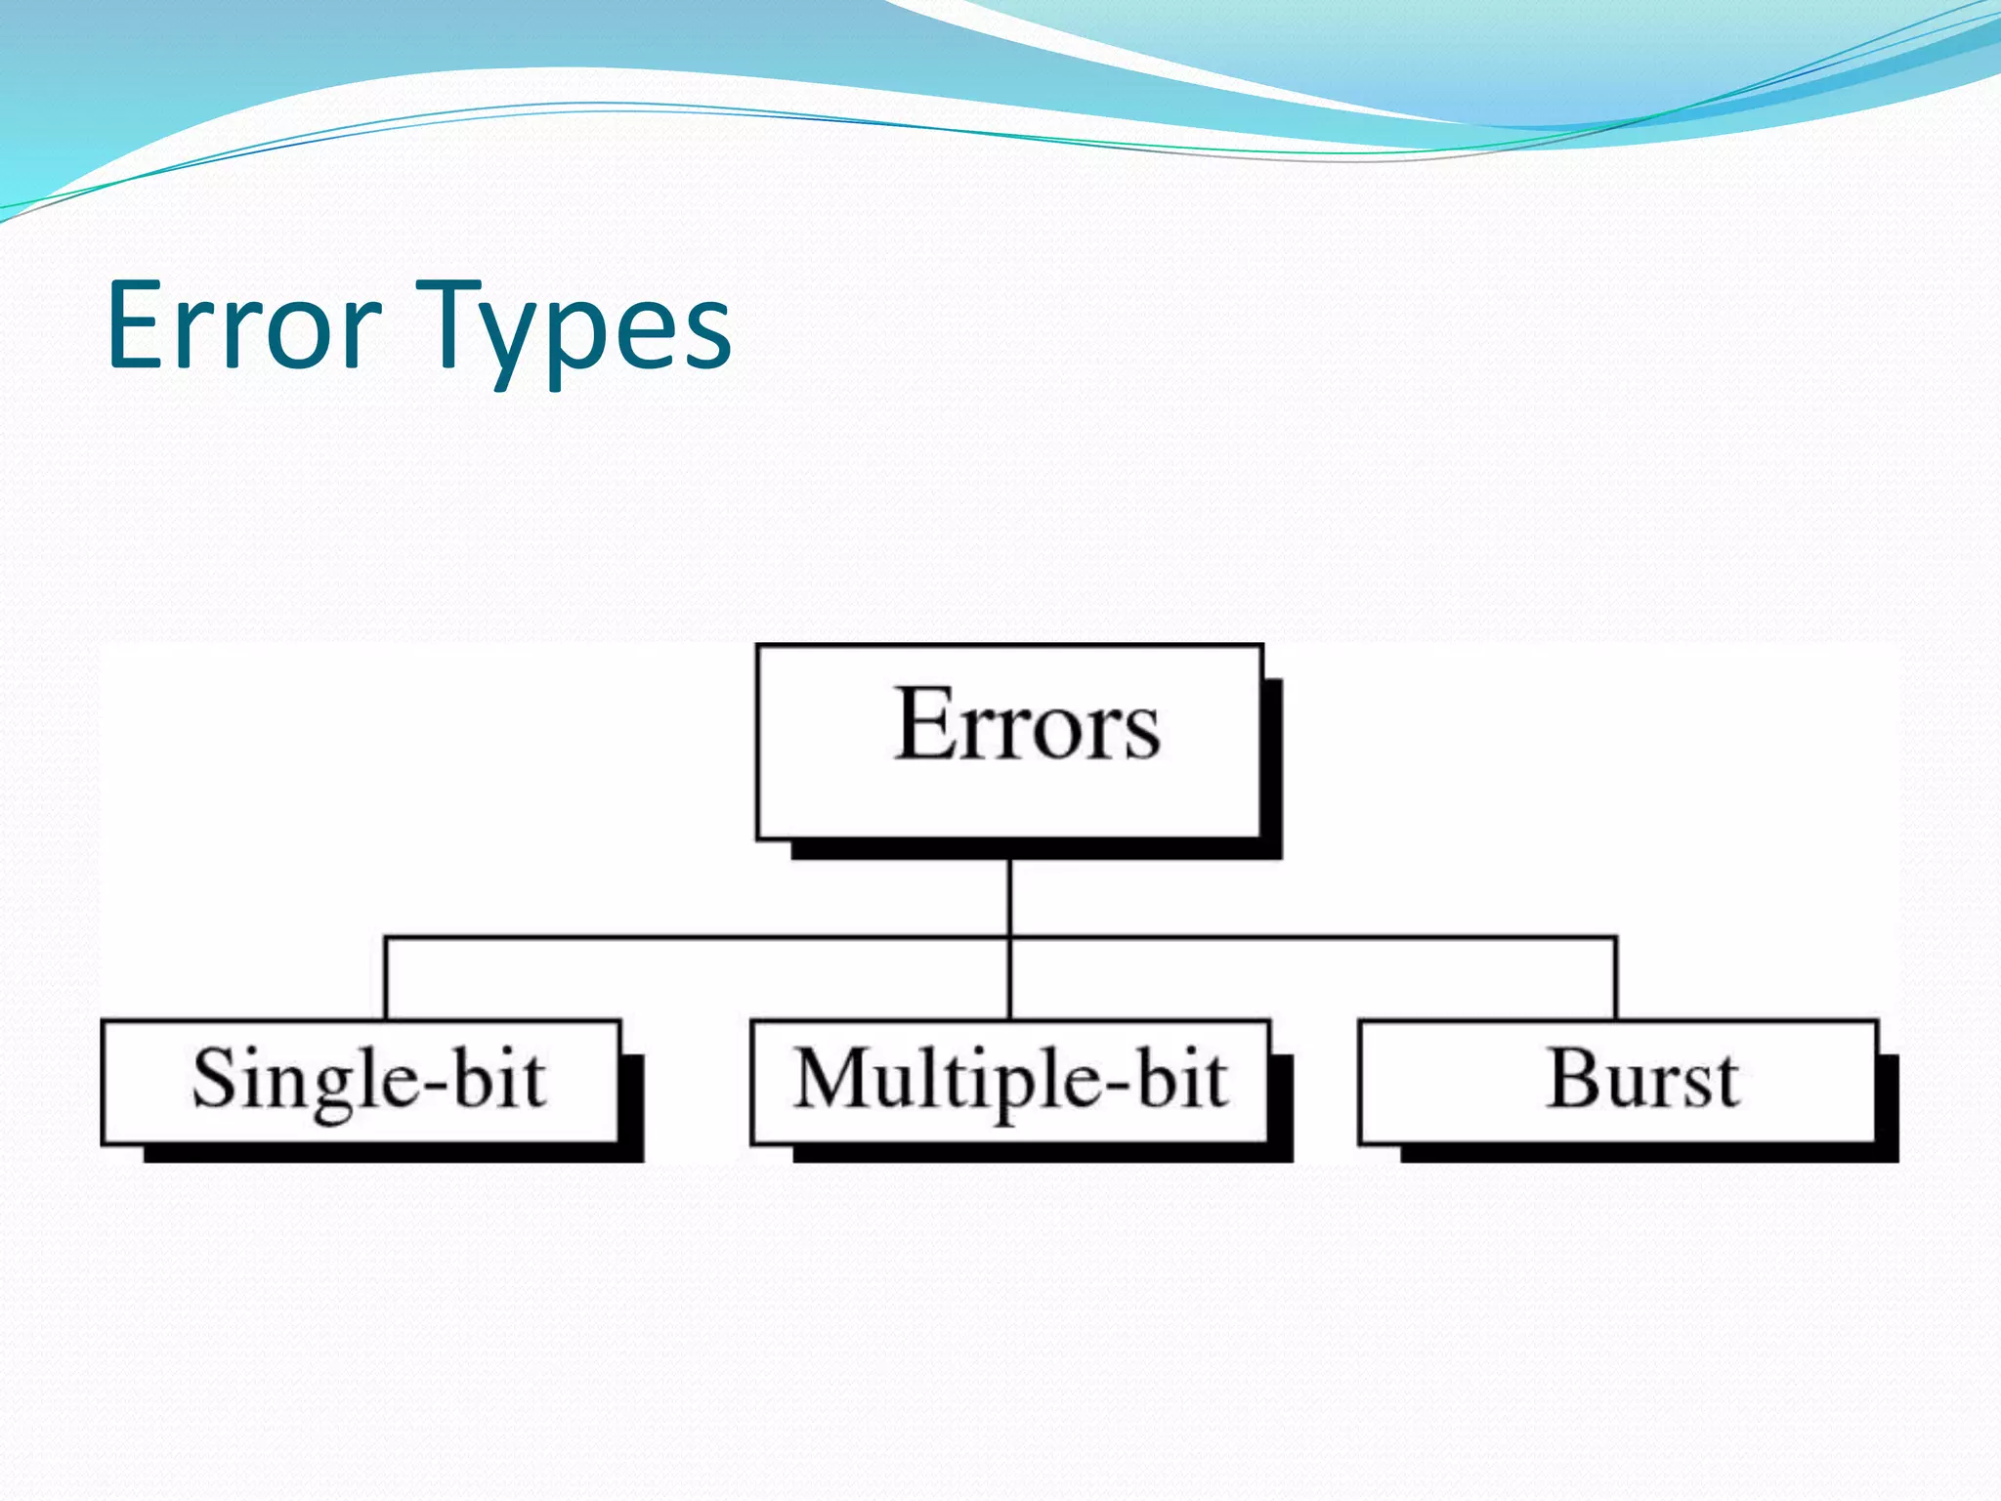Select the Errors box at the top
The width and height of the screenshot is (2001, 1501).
coord(1010,742)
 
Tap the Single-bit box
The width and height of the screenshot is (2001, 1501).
coord(362,1082)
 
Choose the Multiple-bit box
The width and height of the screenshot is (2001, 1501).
coord(1010,1082)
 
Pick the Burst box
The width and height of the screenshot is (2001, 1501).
coord(1618,1082)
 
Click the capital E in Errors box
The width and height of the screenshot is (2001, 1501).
coord(923,724)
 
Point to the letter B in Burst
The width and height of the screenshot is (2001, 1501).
coord(1574,1079)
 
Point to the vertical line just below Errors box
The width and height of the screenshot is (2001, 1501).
coord(1010,894)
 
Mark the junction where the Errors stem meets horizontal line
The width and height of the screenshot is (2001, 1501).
coord(1010,938)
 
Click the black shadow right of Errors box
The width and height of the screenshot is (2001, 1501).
coord(1272,762)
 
